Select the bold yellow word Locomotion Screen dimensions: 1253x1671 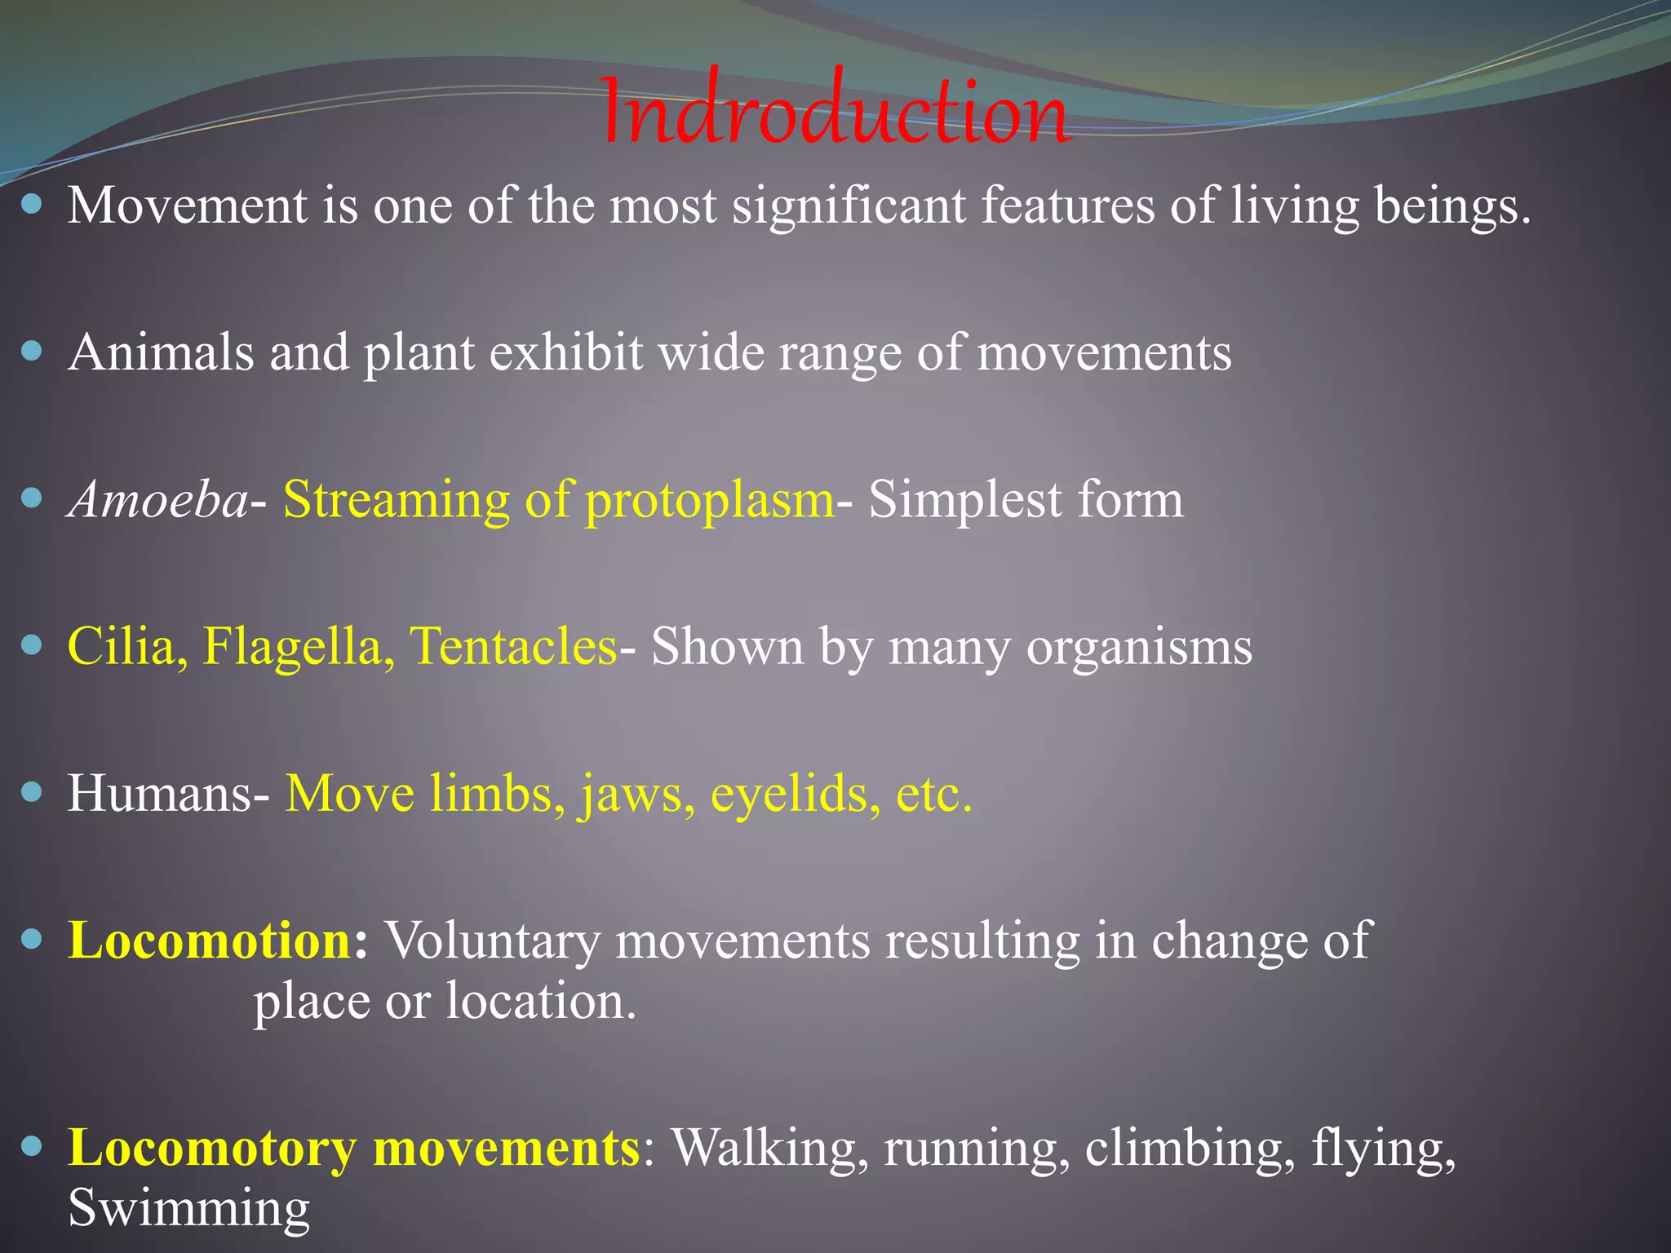pyautogui.click(x=209, y=941)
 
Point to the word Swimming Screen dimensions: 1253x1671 pyautogui.click(x=188, y=1208)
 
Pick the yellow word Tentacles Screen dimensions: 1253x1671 pyautogui.click(x=512, y=646)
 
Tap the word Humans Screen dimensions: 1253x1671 pyautogui.click(x=160, y=793)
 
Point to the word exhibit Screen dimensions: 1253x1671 pyautogui.click(x=565, y=352)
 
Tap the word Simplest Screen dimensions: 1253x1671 pyautogui.click(x=964, y=499)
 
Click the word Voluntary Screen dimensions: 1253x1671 pyautogui.click(x=492, y=941)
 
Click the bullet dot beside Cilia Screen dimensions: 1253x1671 pyautogui.click(x=31, y=645)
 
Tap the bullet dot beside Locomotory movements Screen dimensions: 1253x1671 pyautogui.click(x=31, y=1147)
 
